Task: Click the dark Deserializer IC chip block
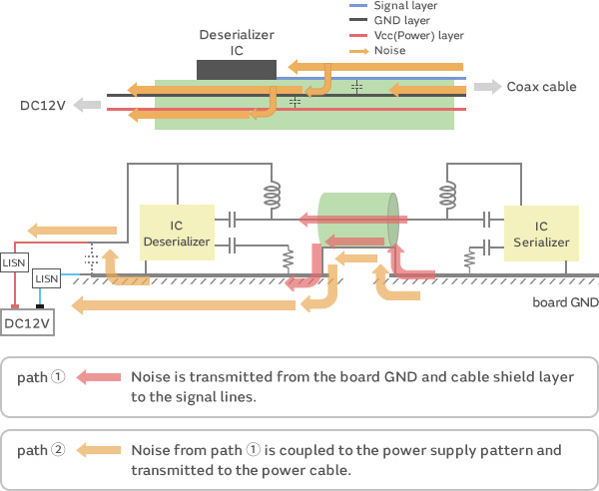tap(237, 70)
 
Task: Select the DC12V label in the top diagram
tap(43, 105)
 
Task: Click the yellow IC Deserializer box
tap(177, 233)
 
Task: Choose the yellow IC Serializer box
tap(541, 234)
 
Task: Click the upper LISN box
tap(14, 262)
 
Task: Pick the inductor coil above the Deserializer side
tap(270, 195)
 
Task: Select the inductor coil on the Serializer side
tap(448, 195)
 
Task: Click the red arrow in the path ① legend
tap(99, 378)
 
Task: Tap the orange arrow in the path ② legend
tap(99, 449)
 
